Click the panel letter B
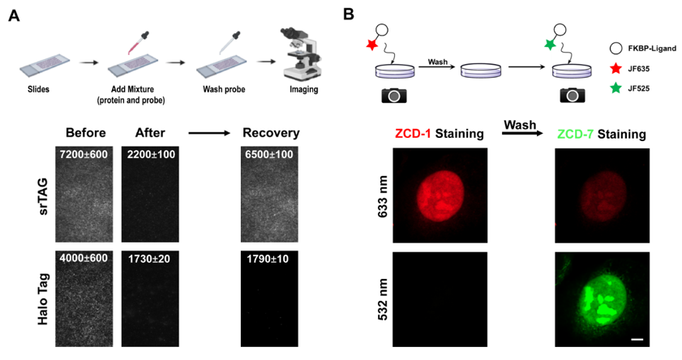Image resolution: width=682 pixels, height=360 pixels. (x=349, y=15)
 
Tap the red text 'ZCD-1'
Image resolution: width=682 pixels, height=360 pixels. (x=417, y=134)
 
